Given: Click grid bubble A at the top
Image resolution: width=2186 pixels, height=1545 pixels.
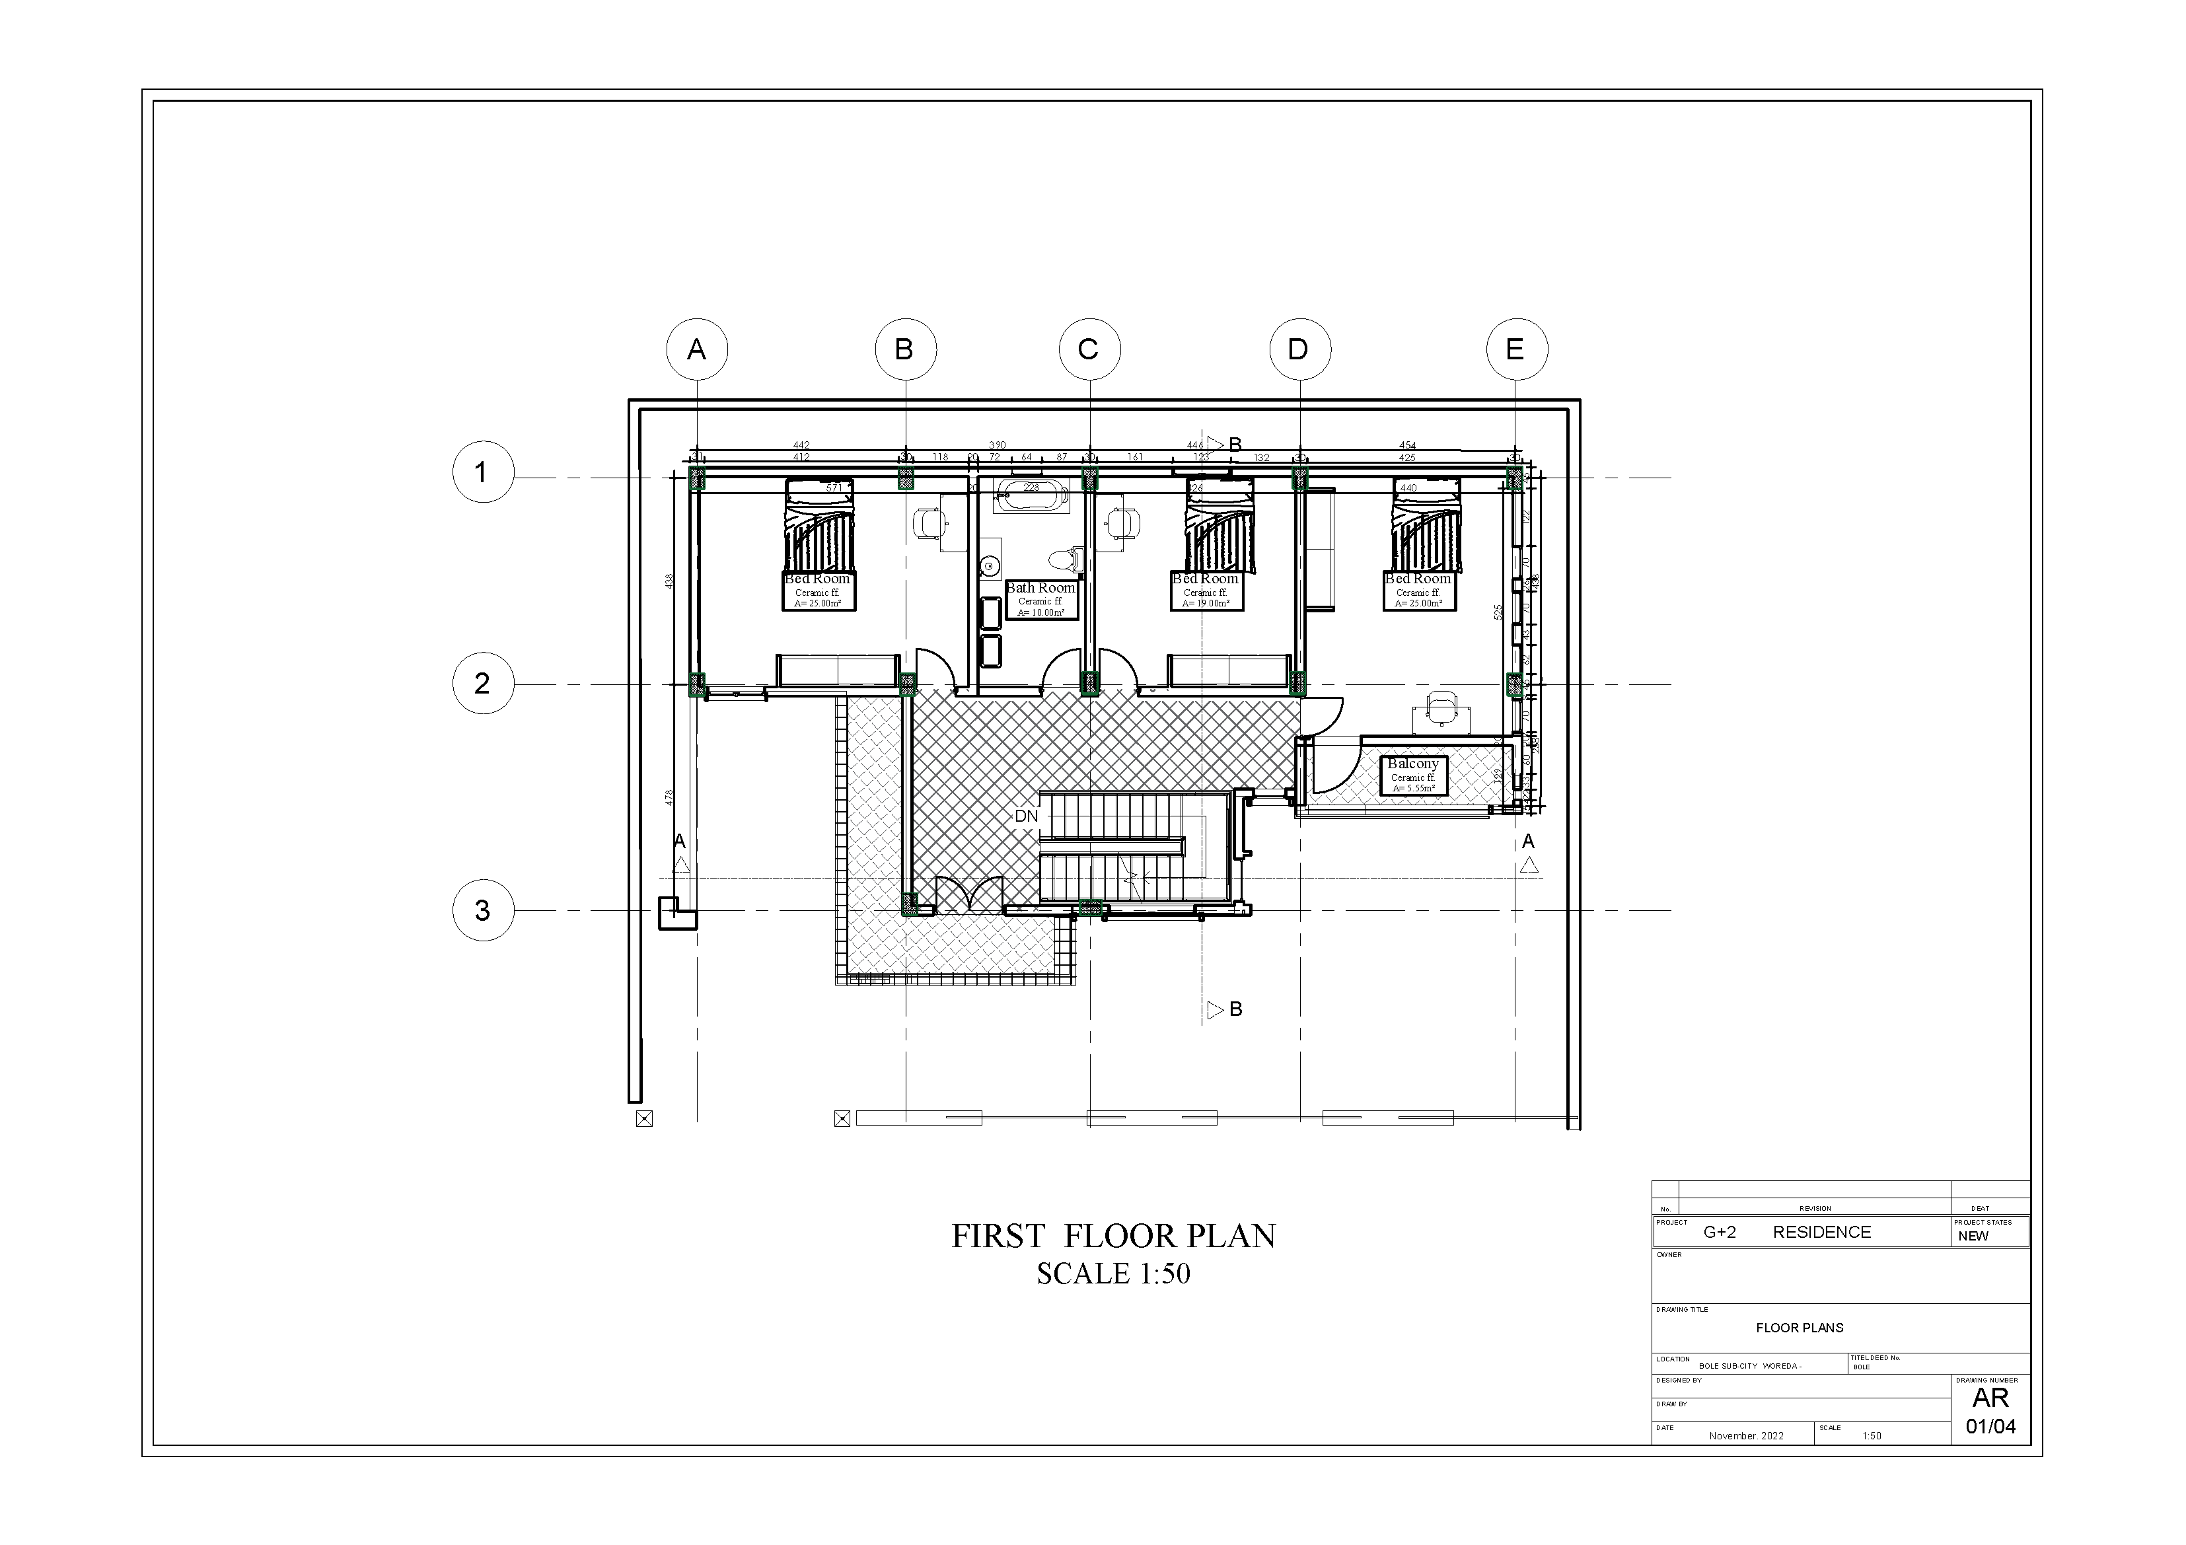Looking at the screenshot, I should click(697, 349).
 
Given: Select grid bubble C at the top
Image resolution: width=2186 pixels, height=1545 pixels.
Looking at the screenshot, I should click(1089, 349).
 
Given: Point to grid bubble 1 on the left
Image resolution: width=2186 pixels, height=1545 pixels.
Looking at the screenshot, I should click(483, 472).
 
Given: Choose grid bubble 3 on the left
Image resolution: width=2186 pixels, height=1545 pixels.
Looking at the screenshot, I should click(483, 911).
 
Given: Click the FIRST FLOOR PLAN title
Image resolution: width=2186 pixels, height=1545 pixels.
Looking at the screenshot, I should click(1113, 1236).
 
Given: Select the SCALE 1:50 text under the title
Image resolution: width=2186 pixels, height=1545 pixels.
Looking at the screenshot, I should click(1113, 1274).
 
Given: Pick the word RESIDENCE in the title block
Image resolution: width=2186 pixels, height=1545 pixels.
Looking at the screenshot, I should click(1821, 1233).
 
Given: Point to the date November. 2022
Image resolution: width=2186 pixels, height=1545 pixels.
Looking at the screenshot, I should click(1746, 1435).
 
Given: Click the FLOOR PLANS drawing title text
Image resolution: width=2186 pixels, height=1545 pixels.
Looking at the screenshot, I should click(1800, 1328).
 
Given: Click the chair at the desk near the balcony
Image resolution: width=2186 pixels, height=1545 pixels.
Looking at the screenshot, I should click(1441, 706).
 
